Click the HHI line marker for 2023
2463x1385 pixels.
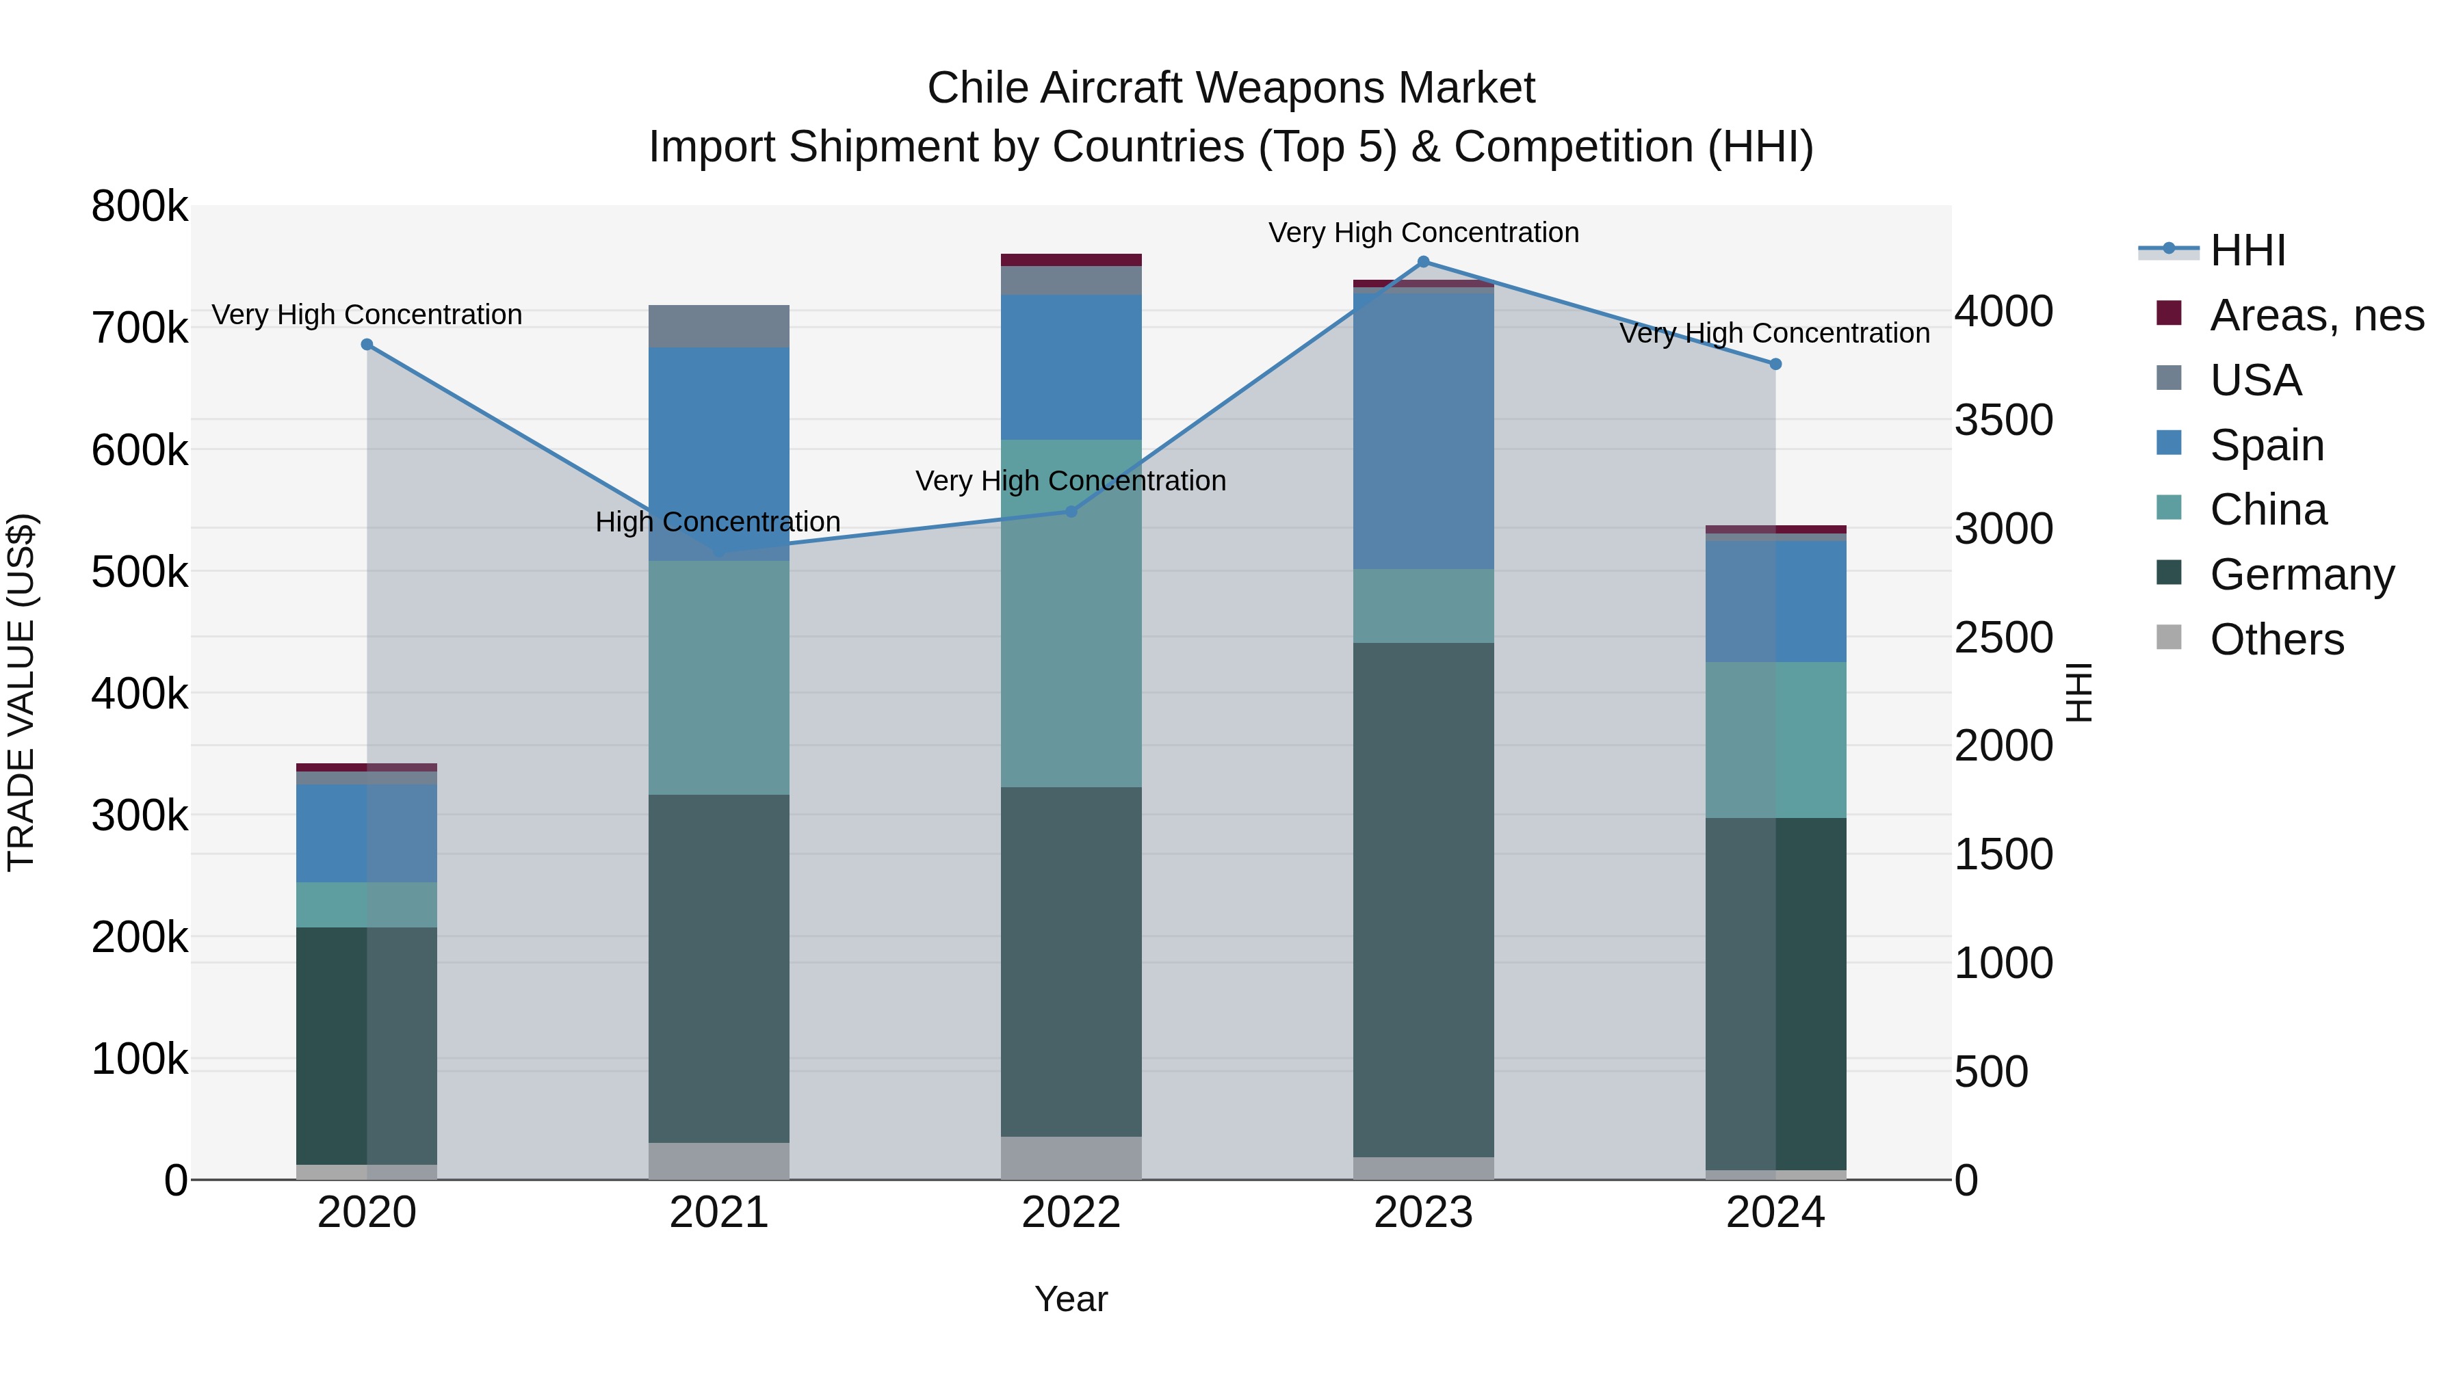pos(1423,262)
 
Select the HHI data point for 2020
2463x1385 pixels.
pos(367,345)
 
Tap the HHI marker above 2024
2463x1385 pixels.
pos(1775,364)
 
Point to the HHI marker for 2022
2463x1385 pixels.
pos(1071,512)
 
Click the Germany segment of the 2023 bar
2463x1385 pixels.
pos(1423,899)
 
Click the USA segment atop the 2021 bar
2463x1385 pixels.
pos(719,326)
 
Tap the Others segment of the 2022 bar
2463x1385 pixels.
pos(1071,1157)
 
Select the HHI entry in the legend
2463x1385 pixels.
pos(2247,250)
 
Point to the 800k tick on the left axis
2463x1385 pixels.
pos(140,207)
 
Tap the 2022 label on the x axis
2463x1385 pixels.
pos(1071,1213)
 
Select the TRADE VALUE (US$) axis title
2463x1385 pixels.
pos(21,692)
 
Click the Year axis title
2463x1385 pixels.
pos(1071,1299)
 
